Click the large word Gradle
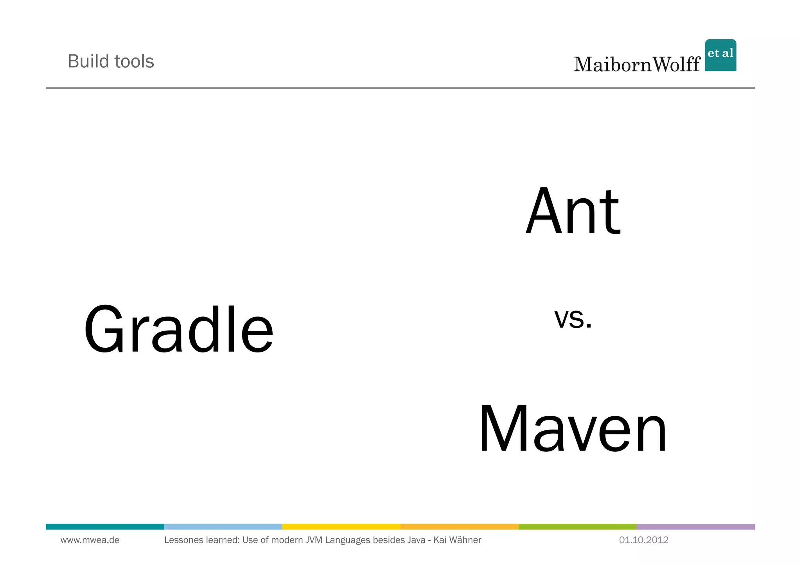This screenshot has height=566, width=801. pyautogui.click(x=179, y=329)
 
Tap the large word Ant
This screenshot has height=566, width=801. pyautogui.click(x=573, y=212)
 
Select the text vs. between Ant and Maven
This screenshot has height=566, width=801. pyautogui.click(x=573, y=318)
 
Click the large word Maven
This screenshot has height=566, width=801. pyautogui.click(x=573, y=429)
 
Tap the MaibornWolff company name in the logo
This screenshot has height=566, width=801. pyautogui.click(x=637, y=64)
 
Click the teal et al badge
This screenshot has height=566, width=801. pyautogui.click(x=720, y=55)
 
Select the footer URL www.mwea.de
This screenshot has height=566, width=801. pyautogui.click(x=90, y=540)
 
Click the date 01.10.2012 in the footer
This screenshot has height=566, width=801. pyautogui.click(x=643, y=540)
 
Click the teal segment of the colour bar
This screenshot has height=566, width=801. pyautogui.click(x=105, y=526)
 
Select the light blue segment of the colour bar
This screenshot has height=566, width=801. pyautogui.click(x=223, y=526)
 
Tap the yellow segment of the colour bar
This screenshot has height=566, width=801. pyautogui.click(x=341, y=526)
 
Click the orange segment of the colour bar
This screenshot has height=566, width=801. pyautogui.click(x=459, y=526)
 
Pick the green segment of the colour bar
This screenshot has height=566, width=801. pyautogui.click(x=577, y=526)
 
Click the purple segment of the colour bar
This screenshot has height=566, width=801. pyautogui.click(x=695, y=526)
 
